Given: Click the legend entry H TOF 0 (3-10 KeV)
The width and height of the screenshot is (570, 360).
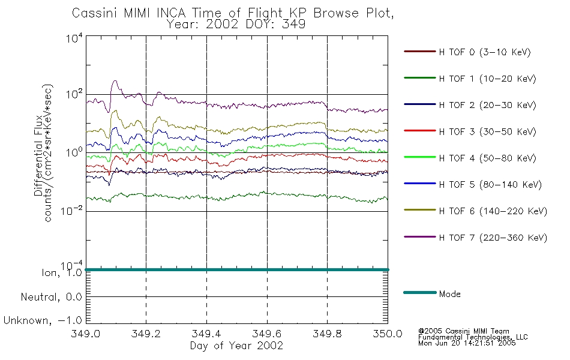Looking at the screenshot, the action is pyautogui.click(x=485, y=52).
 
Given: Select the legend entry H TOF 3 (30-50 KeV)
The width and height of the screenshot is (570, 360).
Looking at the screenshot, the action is pyautogui.click(x=487, y=131).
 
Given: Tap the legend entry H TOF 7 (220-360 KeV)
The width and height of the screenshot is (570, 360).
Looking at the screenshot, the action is pyautogui.click(x=493, y=238).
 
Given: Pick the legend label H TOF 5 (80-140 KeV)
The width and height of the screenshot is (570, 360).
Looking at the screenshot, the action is pyautogui.click(x=490, y=184).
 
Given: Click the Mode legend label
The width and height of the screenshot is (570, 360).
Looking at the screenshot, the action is pyautogui.click(x=449, y=294).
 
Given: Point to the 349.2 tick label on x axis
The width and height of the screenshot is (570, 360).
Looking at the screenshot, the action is pyautogui.click(x=146, y=334).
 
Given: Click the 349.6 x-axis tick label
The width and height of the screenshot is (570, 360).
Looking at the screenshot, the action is pyautogui.click(x=267, y=334).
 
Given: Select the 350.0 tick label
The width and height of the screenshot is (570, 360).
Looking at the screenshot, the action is pyautogui.click(x=388, y=334).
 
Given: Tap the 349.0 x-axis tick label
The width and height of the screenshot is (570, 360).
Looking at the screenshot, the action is pyautogui.click(x=85, y=334).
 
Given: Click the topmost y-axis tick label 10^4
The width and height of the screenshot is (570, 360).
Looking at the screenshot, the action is pyautogui.click(x=74, y=37).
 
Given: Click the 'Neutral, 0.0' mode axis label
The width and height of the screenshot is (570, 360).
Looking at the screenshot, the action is pyautogui.click(x=52, y=297).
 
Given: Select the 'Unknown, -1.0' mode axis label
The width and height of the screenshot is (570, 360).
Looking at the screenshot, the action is pyautogui.click(x=43, y=320).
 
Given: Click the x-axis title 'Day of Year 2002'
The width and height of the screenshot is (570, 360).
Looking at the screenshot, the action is pyautogui.click(x=236, y=346).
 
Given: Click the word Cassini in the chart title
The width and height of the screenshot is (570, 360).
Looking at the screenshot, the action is pyautogui.click(x=95, y=13).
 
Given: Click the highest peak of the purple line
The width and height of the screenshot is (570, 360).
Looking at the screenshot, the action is pyautogui.click(x=115, y=81).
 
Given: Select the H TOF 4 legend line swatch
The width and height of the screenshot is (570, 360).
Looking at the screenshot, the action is pyautogui.click(x=420, y=157).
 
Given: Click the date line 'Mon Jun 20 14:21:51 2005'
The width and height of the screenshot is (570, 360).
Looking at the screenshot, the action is pyautogui.click(x=467, y=343).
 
